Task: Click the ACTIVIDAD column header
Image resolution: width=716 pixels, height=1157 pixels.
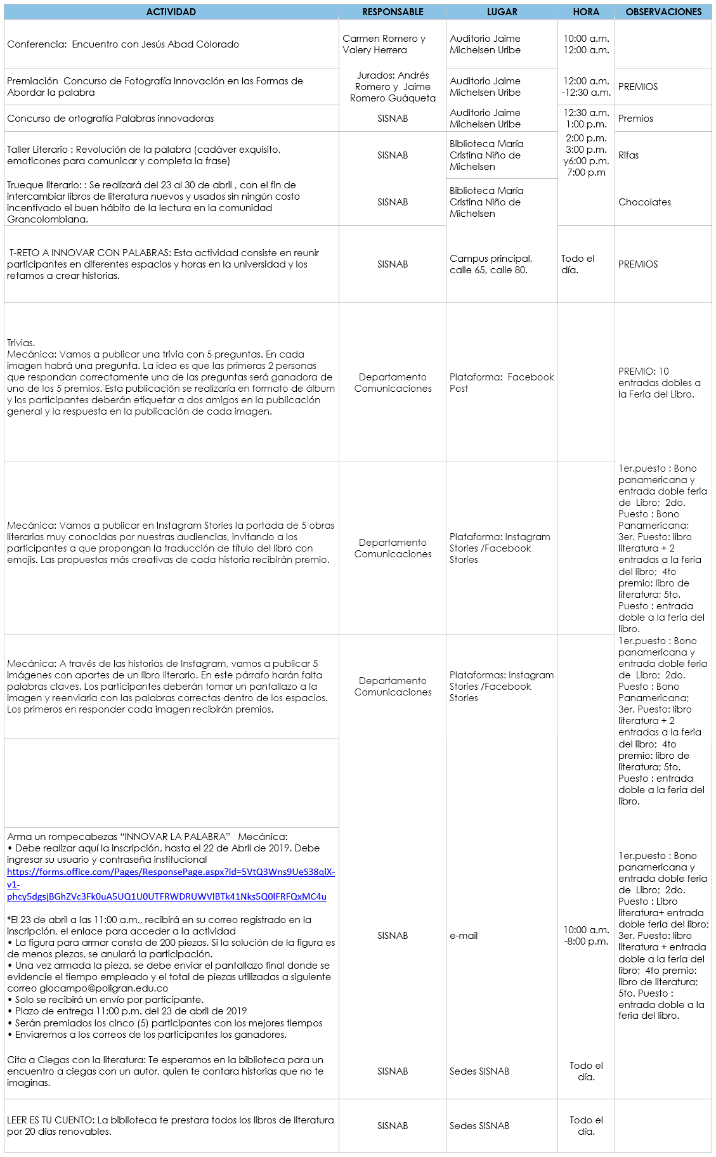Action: pyautogui.click(x=171, y=12)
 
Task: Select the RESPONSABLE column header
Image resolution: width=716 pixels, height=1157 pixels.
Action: pyautogui.click(x=393, y=12)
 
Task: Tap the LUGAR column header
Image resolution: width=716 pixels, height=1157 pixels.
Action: pyautogui.click(x=502, y=12)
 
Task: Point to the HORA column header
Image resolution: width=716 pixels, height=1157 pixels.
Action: pyautogui.click(x=586, y=12)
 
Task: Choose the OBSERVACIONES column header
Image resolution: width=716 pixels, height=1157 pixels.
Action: pyautogui.click(x=663, y=12)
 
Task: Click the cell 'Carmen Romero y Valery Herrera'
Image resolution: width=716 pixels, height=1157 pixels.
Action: pyautogui.click(x=384, y=44)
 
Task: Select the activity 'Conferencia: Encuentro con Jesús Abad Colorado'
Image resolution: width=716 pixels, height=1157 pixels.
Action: pyautogui.click(x=123, y=44)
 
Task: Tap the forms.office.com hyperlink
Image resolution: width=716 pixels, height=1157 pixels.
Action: pyautogui.click(x=171, y=884)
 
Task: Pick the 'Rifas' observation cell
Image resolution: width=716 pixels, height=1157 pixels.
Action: pyautogui.click(x=628, y=155)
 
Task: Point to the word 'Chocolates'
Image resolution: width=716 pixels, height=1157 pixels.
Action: pyautogui.click(x=644, y=202)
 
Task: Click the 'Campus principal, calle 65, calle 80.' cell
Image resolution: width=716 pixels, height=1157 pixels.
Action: pyautogui.click(x=491, y=264)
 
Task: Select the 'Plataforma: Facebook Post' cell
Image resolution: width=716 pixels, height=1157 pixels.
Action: pyautogui.click(x=501, y=382)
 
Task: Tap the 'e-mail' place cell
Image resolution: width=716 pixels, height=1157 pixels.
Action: pyautogui.click(x=464, y=936)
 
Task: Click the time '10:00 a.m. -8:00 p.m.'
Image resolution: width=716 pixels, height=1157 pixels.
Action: pyautogui.click(x=586, y=936)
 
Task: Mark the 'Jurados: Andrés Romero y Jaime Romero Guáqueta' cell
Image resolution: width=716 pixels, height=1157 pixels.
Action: pyautogui.click(x=393, y=87)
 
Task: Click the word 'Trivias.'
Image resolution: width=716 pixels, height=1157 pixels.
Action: pyautogui.click(x=21, y=343)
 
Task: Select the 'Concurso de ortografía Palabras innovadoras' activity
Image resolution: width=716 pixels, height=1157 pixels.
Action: pyautogui.click(x=110, y=119)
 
